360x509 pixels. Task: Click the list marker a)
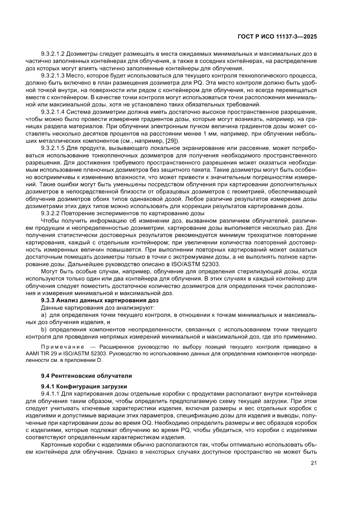(44, 314)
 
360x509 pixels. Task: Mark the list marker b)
(44, 330)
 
